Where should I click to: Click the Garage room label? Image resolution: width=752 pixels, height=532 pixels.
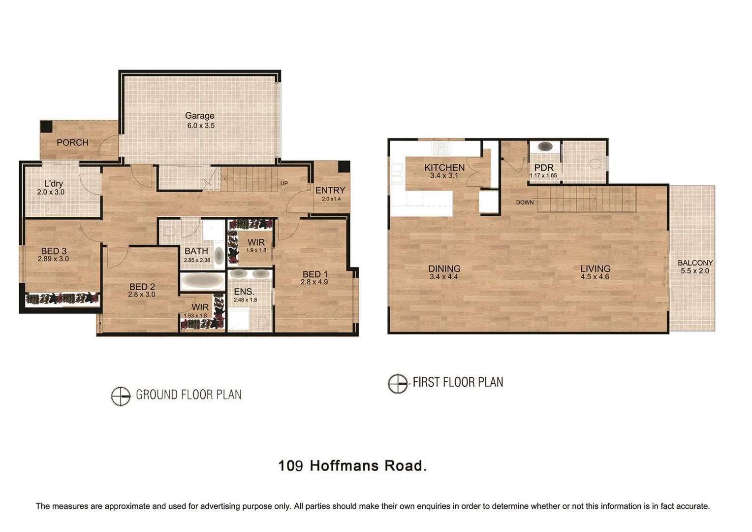(199, 116)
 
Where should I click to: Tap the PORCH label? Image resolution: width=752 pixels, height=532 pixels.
(72, 142)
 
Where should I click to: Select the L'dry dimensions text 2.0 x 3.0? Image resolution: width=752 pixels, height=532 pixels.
(51, 192)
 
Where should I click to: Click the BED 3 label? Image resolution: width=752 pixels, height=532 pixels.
(54, 251)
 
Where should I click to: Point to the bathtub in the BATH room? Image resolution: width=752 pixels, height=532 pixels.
(202, 281)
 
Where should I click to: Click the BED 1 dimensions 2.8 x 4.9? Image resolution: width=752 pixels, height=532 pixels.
(314, 282)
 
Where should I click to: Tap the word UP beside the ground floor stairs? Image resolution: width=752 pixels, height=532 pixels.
(284, 184)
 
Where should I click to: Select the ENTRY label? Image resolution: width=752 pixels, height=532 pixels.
(330, 190)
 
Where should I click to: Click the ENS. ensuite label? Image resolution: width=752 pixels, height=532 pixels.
(244, 292)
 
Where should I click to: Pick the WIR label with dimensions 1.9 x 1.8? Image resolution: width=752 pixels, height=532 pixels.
(256, 242)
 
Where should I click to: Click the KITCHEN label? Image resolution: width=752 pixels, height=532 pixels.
(444, 167)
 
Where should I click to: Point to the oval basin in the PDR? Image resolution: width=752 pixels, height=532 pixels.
(545, 146)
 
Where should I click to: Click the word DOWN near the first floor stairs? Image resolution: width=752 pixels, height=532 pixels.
(525, 202)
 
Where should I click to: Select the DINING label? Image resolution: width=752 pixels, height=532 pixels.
(444, 268)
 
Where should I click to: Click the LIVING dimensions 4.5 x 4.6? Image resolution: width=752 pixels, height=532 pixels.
(595, 277)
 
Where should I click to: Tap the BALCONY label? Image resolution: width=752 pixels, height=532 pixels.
(695, 263)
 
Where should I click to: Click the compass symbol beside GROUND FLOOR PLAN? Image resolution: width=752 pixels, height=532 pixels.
(121, 396)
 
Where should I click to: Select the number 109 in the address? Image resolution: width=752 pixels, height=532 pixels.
(290, 465)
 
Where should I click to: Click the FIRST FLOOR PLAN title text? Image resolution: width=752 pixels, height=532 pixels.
(458, 382)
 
